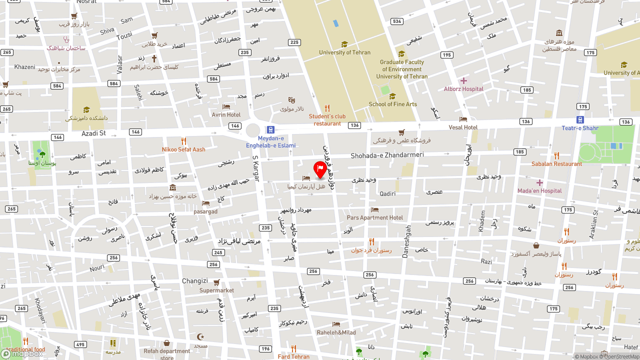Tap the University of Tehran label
click(x=345, y=52)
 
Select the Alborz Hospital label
click(x=463, y=89)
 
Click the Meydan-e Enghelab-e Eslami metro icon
click(x=270, y=129)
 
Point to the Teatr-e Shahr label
click(x=579, y=128)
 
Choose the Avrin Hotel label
click(x=226, y=114)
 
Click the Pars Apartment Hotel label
click(x=374, y=217)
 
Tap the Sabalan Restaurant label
click(x=556, y=164)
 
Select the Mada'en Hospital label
click(x=539, y=191)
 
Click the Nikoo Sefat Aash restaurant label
click(x=183, y=149)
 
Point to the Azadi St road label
click(x=93, y=133)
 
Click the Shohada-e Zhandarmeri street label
click(x=387, y=155)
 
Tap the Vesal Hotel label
click(x=463, y=127)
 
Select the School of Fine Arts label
click(x=392, y=104)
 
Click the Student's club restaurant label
click(x=327, y=120)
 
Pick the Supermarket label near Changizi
click(x=216, y=290)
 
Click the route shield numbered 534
click(x=397, y=21)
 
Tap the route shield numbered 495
click(x=80, y=344)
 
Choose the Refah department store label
click(x=166, y=353)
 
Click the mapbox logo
click(x=22, y=353)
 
